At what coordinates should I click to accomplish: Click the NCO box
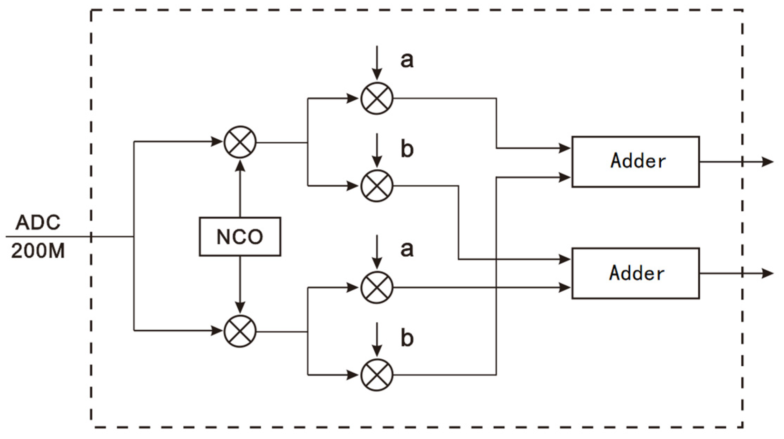[x=240, y=237]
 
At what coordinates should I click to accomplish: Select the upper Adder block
[x=635, y=162]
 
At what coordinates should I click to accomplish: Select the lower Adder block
[x=635, y=273]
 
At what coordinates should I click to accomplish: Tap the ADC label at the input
[x=38, y=222]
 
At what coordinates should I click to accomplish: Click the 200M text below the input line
[x=38, y=251]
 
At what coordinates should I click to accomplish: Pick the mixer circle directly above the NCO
[x=240, y=142]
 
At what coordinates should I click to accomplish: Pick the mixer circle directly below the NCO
[x=240, y=331]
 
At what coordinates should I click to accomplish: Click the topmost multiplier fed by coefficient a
[x=376, y=98]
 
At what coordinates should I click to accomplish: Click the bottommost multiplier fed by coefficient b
[x=376, y=375]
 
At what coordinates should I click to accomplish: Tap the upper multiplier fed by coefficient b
[x=376, y=186]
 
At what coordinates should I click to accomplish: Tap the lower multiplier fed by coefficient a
[x=376, y=287]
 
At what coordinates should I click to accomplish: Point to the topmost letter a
[x=407, y=60]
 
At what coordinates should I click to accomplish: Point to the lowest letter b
[x=407, y=338]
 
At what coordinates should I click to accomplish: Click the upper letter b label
[x=407, y=149]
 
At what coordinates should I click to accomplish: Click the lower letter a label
[x=407, y=249]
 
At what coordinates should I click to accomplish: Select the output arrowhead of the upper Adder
[x=767, y=162]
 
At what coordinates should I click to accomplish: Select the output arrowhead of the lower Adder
[x=767, y=273]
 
